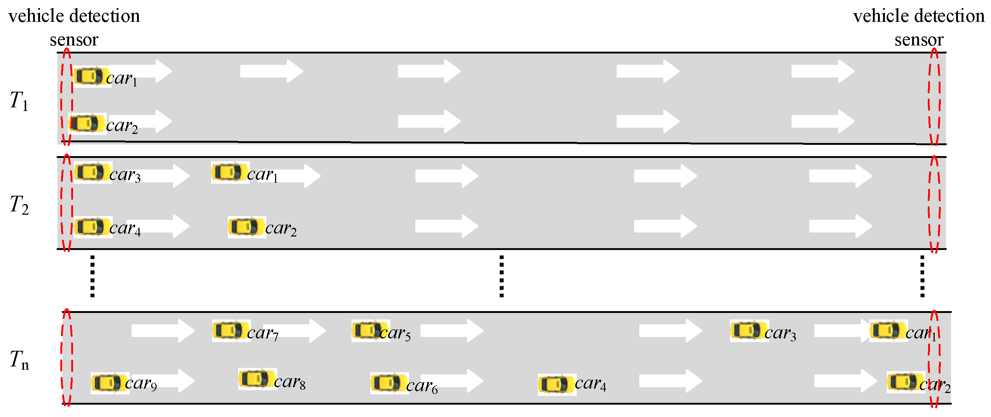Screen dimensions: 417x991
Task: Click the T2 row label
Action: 19,205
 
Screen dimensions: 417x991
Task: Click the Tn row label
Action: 19,360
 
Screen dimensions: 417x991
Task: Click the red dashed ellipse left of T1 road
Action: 66,97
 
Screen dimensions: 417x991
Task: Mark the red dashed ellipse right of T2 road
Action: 934,204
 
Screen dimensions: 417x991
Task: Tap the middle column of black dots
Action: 501,276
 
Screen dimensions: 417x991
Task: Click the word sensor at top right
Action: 919,40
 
